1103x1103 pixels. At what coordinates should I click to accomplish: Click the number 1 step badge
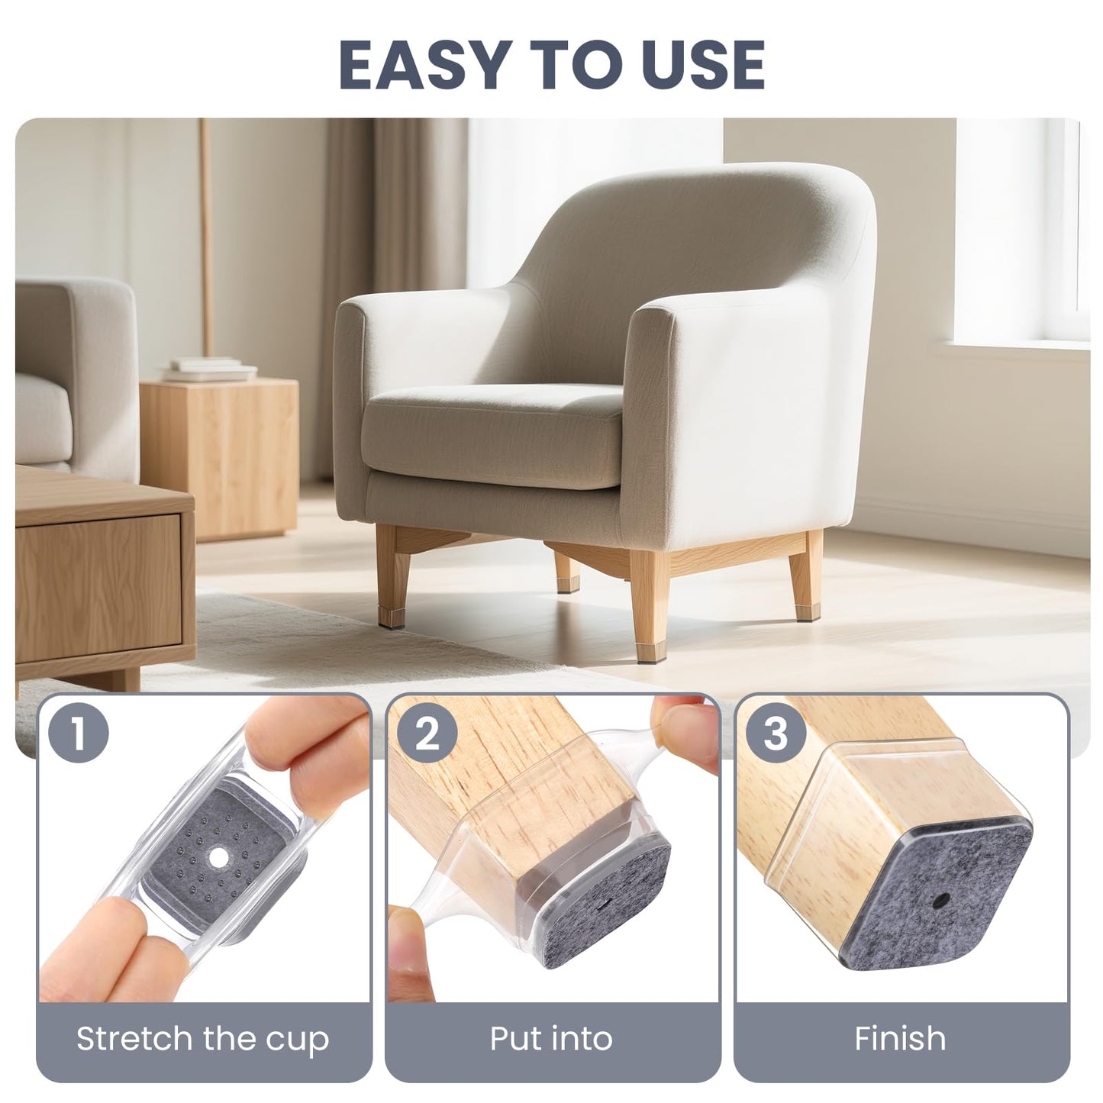tap(79, 734)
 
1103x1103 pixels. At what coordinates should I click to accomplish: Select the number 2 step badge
tap(427, 734)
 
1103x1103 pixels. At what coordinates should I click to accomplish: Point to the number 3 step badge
tap(776, 734)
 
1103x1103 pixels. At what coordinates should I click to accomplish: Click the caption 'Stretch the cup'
tap(203, 1038)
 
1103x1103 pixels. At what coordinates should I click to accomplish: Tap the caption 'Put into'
tap(551, 1038)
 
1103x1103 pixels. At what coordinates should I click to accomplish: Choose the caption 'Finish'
tap(900, 1038)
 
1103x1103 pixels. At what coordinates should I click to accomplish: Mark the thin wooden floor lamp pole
tap(206, 229)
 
